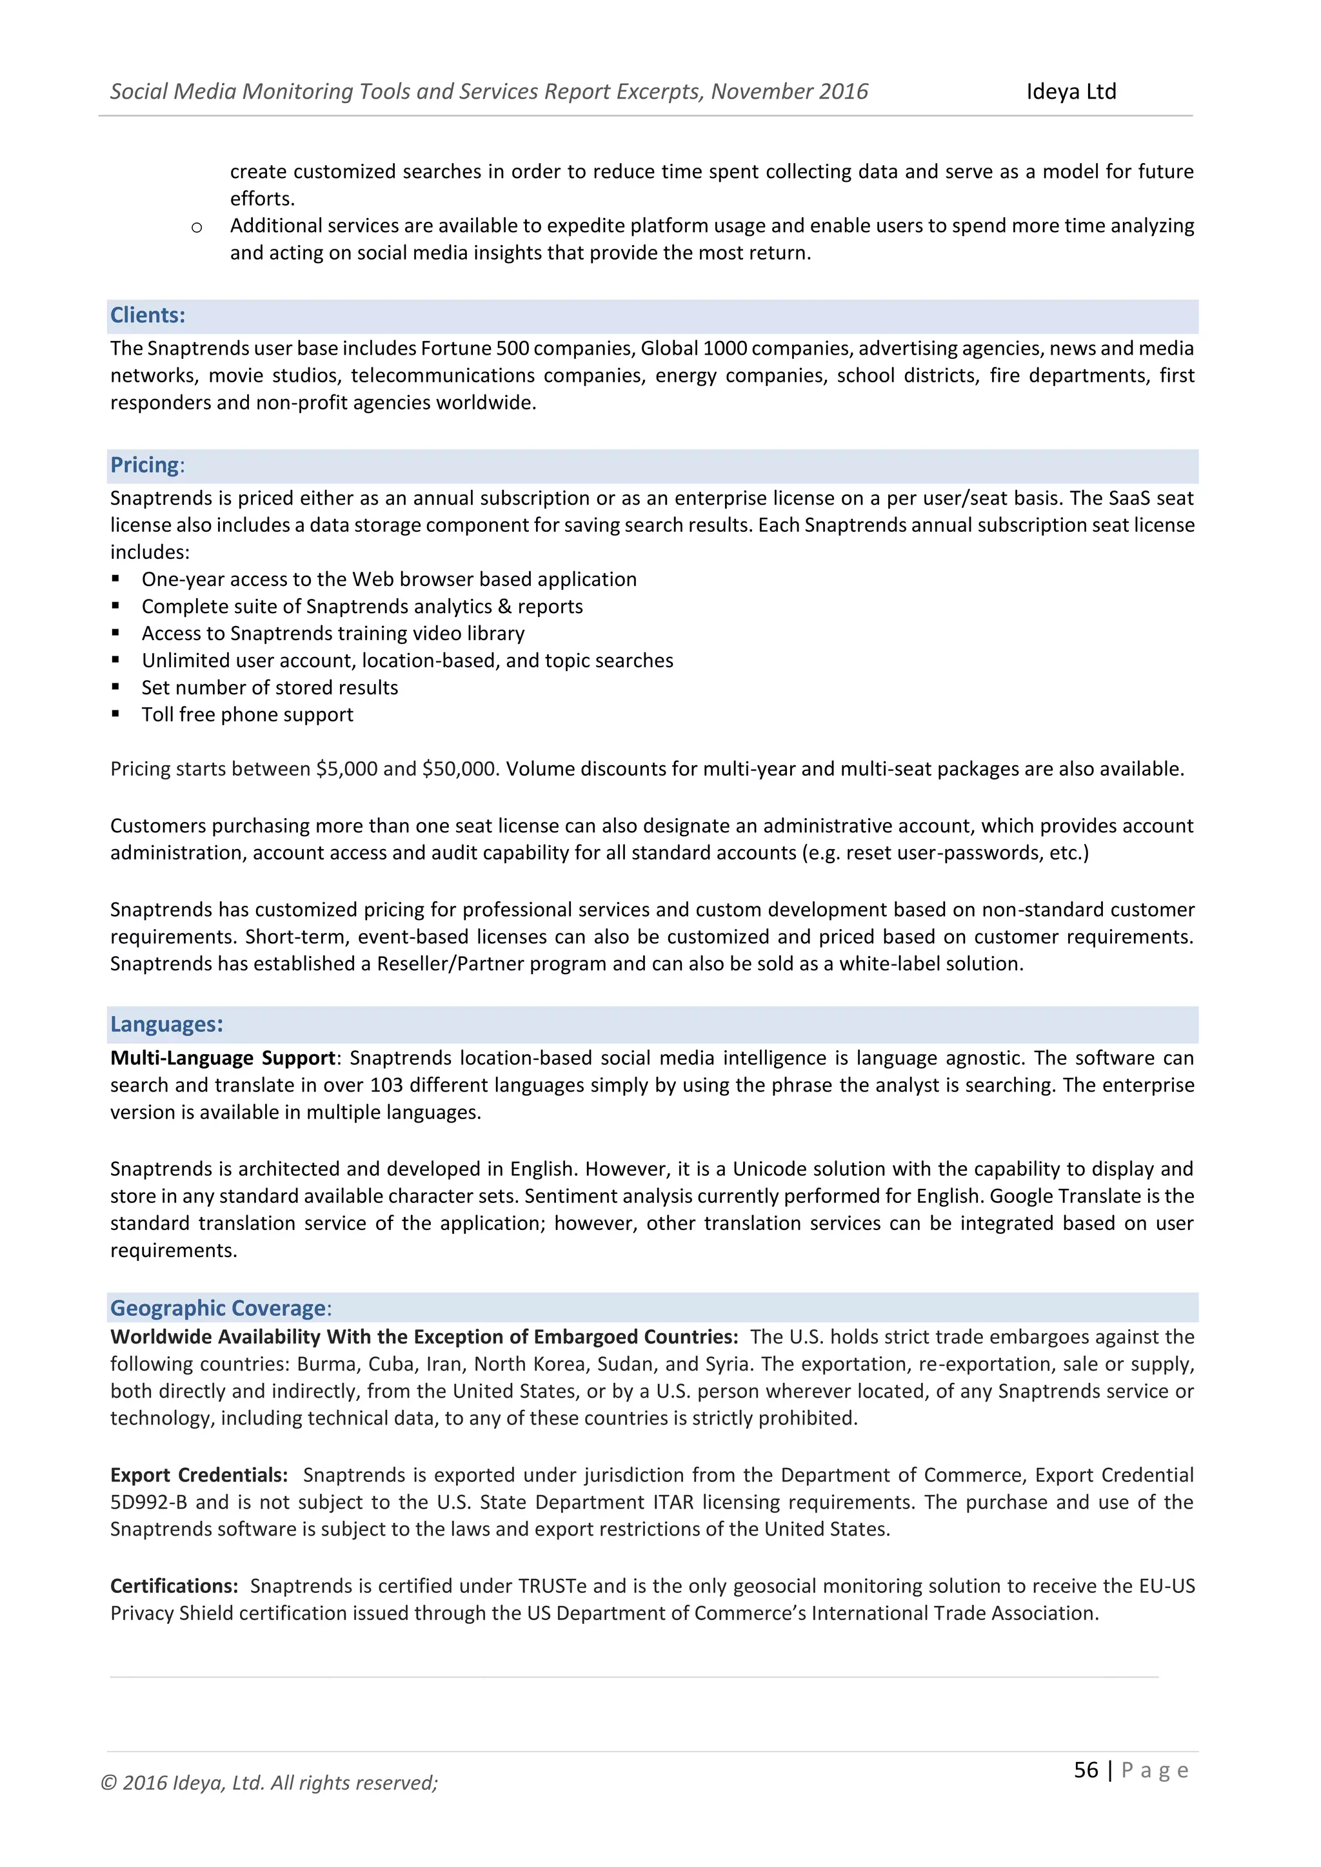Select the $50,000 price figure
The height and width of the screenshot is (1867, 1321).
(x=459, y=769)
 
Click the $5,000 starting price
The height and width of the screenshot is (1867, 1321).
(x=346, y=769)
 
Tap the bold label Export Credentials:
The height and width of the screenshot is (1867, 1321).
(x=199, y=1475)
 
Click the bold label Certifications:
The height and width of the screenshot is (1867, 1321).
(x=174, y=1587)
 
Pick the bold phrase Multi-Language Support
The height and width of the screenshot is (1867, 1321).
(x=223, y=1058)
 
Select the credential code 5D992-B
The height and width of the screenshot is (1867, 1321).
(x=148, y=1502)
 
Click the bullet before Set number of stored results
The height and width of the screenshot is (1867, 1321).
(x=115, y=687)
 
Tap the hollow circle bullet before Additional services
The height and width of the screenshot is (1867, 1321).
(x=196, y=228)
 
